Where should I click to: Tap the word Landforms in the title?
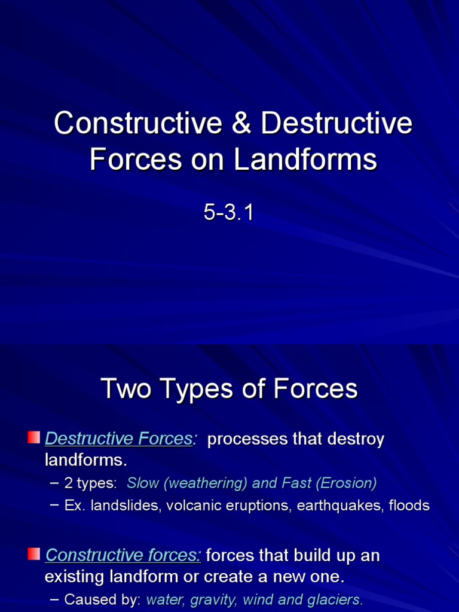coord(305,160)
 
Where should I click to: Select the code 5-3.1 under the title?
coord(229,213)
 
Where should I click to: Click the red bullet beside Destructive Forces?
coord(34,437)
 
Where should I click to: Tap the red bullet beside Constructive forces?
coord(34,554)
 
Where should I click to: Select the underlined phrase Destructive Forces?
coord(120,439)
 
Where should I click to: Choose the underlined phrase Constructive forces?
coord(123,555)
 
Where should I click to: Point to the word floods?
coord(409,506)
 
